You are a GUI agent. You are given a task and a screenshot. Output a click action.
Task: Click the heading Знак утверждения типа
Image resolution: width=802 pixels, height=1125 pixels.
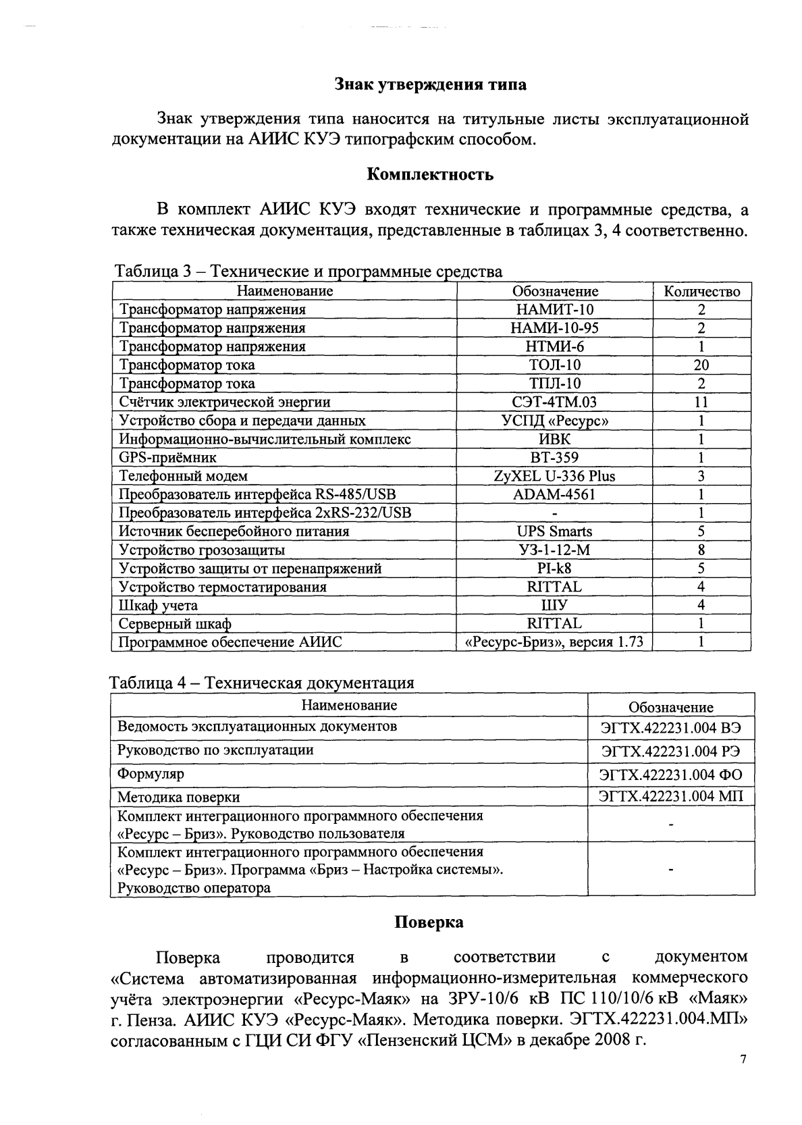click(x=431, y=84)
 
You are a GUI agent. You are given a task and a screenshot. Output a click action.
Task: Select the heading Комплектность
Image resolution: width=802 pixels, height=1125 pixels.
click(x=430, y=174)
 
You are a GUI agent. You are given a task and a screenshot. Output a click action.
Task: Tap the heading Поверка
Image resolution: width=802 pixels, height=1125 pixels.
click(x=429, y=922)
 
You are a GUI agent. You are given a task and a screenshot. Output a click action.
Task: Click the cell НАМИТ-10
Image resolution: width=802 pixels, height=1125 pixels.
click(x=554, y=309)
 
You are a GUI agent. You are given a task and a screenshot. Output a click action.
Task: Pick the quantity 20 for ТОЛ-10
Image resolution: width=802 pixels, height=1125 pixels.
click(x=701, y=365)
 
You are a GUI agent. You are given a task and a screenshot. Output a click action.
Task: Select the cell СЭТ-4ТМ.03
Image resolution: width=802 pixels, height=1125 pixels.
click(x=554, y=402)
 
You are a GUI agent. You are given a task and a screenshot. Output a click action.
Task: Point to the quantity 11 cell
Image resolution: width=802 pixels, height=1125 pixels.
click(x=701, y=402)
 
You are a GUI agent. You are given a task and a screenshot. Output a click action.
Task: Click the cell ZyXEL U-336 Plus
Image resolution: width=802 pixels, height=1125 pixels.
click(x=554, y=476)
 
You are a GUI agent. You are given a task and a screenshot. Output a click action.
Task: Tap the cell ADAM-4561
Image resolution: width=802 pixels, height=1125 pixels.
click(x=554, y=494)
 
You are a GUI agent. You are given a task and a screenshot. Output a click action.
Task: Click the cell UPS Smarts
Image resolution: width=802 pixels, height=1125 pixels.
click(x=554, y=531)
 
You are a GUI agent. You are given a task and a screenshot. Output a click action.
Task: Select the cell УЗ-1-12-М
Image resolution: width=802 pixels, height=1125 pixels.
click(x=554, y=550)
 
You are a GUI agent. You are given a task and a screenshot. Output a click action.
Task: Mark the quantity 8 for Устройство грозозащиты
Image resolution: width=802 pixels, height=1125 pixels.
click(x=701, y=550)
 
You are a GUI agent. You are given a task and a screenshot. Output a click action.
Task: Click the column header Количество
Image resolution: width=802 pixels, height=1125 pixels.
click(x=702, y=291)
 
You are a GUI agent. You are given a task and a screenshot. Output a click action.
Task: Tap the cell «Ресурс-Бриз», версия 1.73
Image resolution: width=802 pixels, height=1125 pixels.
click(x=554, y=642)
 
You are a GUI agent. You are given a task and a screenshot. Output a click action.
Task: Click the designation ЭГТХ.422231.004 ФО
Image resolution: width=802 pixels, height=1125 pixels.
click(x=671, y=774)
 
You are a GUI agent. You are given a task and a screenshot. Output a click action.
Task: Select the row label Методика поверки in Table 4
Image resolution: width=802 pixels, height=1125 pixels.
click(x=178, y=797)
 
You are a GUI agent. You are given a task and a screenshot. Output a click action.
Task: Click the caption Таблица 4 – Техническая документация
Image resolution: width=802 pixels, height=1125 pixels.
click(x=262, y=682)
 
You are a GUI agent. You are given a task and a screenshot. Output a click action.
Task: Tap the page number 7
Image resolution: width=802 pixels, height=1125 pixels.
click(x=743, y=1059)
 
